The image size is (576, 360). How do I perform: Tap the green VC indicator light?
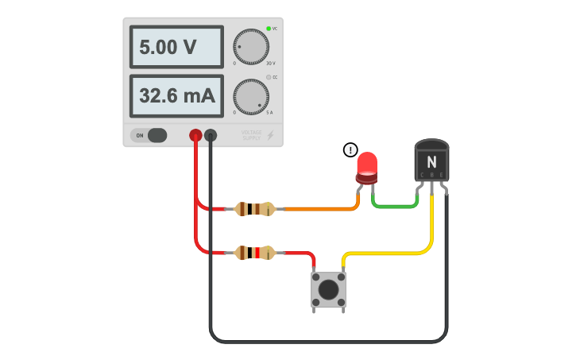[269, 29]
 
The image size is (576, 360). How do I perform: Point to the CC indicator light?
[269, 77]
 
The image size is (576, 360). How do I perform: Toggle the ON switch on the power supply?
[149, 135]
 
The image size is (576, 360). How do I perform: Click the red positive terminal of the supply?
[195, 135]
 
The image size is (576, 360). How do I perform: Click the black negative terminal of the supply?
[211, 135]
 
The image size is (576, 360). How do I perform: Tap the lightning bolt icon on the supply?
[270, 135]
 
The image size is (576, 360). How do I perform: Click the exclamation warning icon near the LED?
[350, 149]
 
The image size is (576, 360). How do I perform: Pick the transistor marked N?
[432, 161]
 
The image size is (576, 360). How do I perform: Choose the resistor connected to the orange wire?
[255, 210]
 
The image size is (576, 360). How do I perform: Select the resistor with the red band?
[255, 254]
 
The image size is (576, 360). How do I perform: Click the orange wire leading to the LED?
[318, 210]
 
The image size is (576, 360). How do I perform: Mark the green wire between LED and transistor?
[395, 206]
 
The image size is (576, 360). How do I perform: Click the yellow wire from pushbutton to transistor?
[389, 254]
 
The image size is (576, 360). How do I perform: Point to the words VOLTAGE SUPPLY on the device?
[251, 136]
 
